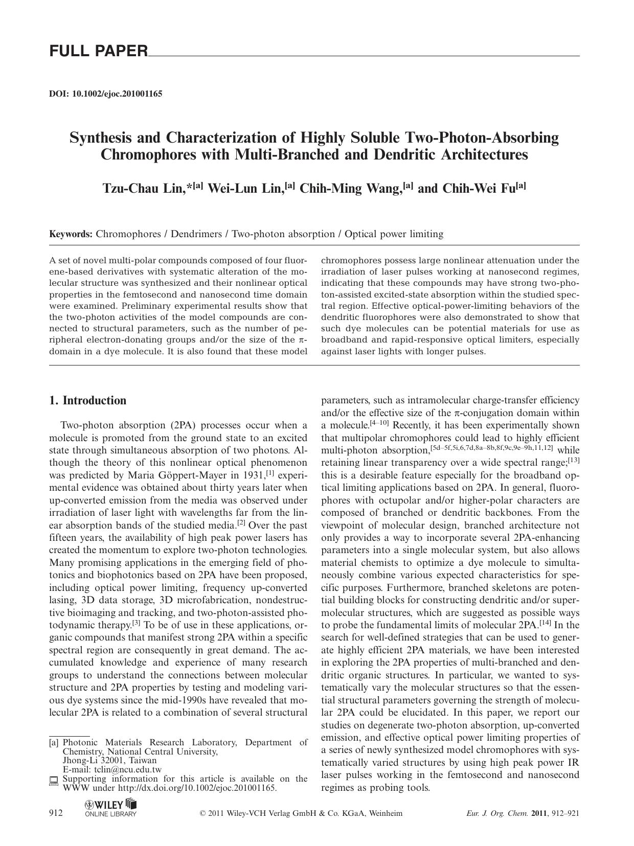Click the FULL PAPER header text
pyautogui.click(x=98, y=51)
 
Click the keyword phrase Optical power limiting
pyautogui.click(x=394, y=234)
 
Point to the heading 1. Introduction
pyautogui.click(x=87, y=401)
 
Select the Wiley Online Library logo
pyautogui.click(x=111, y=808)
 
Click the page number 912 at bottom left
pyautogui.click(x=56, y=813)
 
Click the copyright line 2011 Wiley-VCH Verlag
pyautogui.click(x=301, y=813)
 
